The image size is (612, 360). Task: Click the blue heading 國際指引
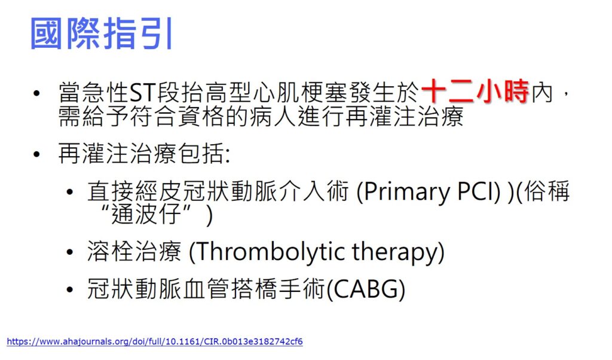point(101,34)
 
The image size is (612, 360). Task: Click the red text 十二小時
point(475,93)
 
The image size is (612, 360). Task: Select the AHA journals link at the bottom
point(154,341)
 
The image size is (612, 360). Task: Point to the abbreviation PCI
point(473,192)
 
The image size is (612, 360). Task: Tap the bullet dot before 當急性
point(37,94)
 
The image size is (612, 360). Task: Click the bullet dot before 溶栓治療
point(71,252)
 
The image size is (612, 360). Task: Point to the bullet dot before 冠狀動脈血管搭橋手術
point(71,289)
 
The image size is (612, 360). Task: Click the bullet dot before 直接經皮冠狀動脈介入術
point(71,193)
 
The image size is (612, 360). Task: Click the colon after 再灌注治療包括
point(227,155)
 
